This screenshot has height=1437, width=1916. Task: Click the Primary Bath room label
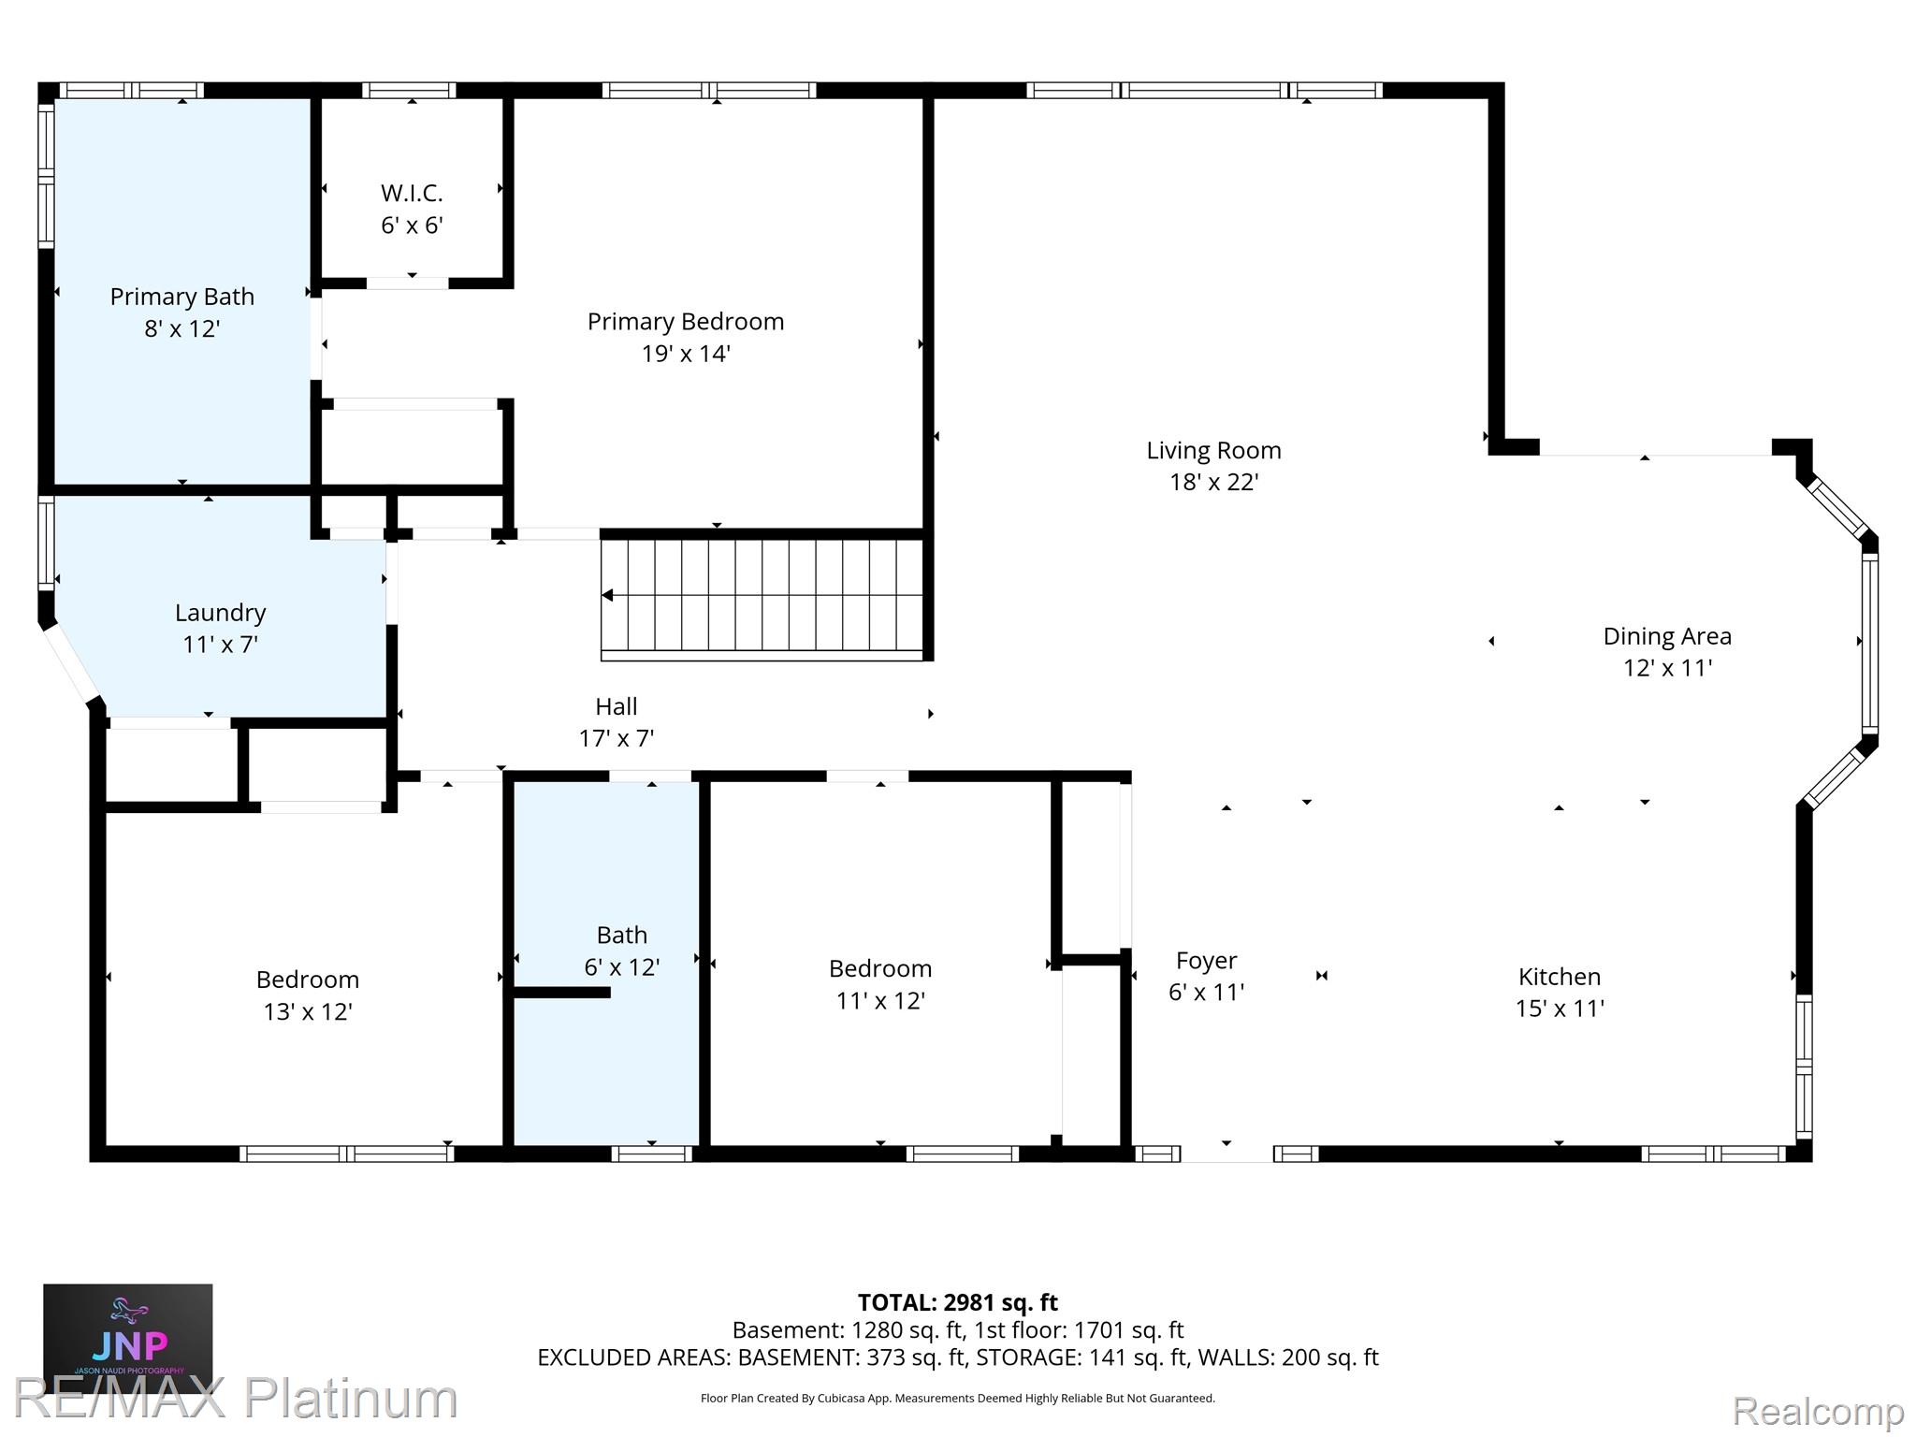182,297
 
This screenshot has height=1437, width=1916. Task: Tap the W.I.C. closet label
412,193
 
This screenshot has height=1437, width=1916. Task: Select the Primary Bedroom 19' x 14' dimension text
686,354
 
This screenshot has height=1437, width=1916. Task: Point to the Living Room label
1213,451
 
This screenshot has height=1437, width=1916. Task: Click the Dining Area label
1667,636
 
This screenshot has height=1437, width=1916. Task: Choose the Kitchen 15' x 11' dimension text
1560,1009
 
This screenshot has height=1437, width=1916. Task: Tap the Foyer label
1206,961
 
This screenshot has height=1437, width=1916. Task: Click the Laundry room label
221,613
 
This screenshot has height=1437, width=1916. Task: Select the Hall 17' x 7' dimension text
617,739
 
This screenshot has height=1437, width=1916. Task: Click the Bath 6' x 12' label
622,951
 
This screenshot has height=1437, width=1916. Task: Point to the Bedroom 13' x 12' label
308,995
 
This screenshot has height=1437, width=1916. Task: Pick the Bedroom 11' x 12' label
880,984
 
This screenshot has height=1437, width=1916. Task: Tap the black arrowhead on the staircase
607,595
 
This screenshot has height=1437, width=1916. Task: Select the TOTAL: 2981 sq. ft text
958,1302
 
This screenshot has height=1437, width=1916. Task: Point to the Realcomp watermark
1819,1411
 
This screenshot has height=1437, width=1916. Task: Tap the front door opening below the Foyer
1227,1154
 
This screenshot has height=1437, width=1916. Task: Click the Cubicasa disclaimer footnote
958,1399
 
